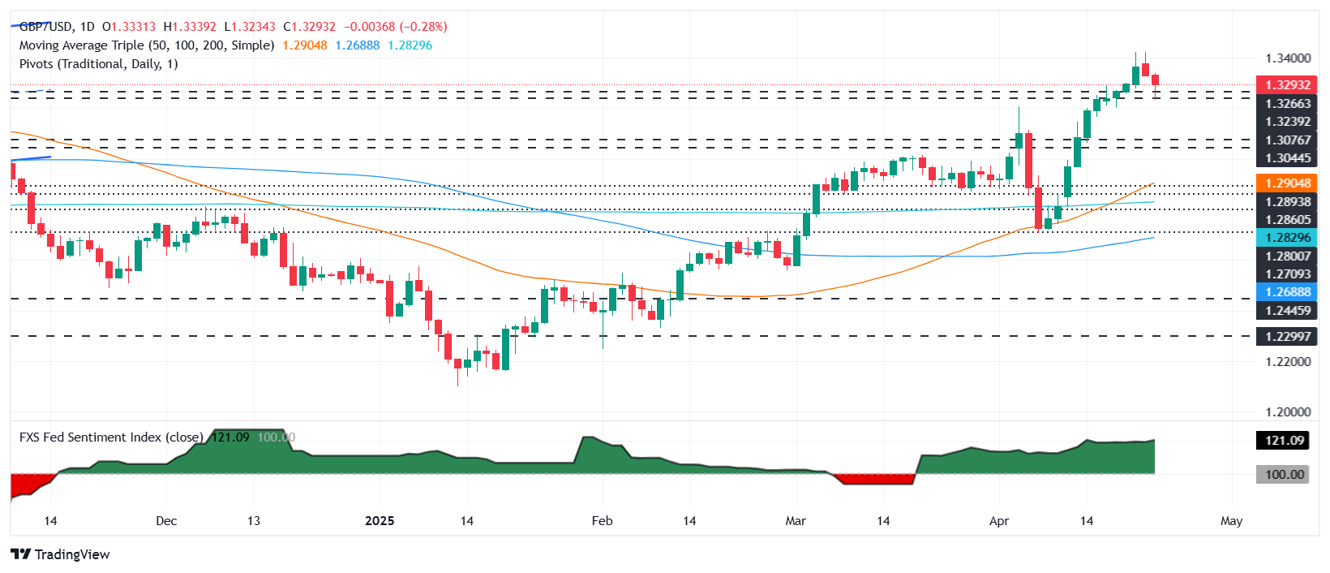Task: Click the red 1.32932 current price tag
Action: (x=1287, y=84)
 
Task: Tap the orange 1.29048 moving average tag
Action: (x=1287, y=183)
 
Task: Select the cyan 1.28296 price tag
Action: (x=1287, y=238)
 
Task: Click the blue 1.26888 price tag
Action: (x=1287, y=292)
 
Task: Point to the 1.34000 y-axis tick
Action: (x=1287, y=58)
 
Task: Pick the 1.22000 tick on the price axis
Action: (x=1287, y=362)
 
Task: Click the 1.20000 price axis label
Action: (x=1287, y=412)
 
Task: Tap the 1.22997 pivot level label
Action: (x=1287, y=336)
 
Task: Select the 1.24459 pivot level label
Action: (x=1287, y=310)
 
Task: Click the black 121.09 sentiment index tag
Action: (x=1284, y=441)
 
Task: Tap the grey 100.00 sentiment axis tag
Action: (x=1284, y=474)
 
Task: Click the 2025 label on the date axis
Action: (x=380, y=521)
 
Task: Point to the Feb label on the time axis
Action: (x=602, y=521)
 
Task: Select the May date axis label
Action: (x=1231, y=521)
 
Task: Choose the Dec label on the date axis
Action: (x=165, y=521)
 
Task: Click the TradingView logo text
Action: (x=71, y=554)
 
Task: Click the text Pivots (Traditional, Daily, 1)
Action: (x=98, y=64)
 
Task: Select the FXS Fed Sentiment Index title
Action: (x=111, y=437)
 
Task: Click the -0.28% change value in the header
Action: (x=423, y=27)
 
